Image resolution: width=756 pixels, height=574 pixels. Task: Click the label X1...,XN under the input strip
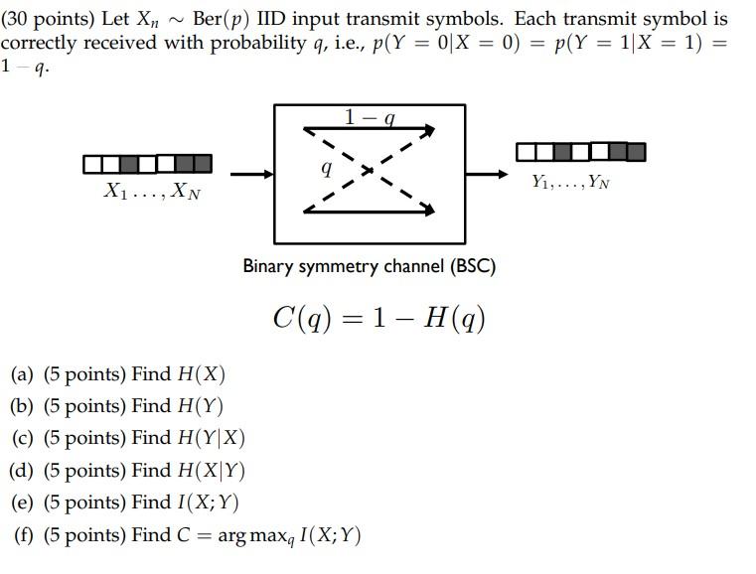(x=151, y=192)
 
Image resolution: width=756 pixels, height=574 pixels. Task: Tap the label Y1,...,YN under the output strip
(x=570, y=181)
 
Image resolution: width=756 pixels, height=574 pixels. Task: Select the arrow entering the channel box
(x=252, y=175)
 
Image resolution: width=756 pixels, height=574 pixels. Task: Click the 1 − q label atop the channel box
(x=370, y=117)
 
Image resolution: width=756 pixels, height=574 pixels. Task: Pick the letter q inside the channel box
(x=326, y=169)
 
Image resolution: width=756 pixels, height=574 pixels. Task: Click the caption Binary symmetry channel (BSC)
(x=370, y=266)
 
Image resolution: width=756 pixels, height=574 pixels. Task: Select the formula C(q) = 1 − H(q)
(x=379, y=318)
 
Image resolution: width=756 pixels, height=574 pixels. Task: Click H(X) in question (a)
(x=201, y=374)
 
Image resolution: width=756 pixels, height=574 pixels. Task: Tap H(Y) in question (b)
(x=200, y=406)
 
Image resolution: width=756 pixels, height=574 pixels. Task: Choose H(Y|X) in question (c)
(x=211, y=438)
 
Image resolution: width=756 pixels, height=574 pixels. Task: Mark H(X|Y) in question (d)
(x=211, y=470)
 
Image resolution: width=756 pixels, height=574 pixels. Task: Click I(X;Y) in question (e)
(x=207, y=502)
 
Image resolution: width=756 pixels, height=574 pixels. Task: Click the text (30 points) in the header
(x=48, y=19)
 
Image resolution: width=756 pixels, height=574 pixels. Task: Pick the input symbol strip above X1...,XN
(x=148, y=163)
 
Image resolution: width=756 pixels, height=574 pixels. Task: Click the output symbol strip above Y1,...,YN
(x=580, y=152)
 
